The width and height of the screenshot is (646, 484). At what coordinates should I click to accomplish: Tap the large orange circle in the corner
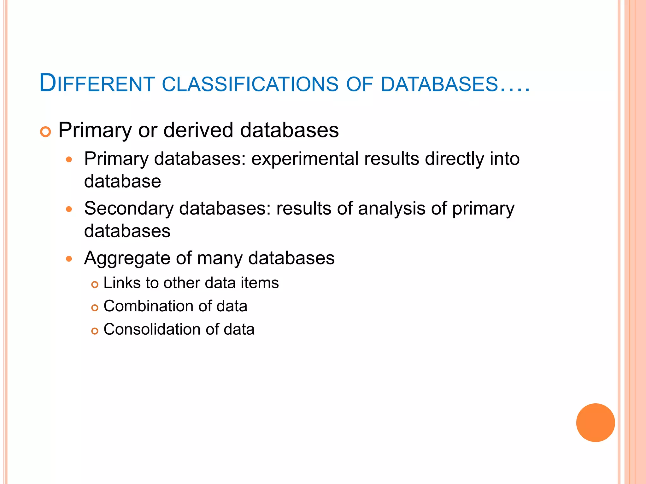click(595, 422)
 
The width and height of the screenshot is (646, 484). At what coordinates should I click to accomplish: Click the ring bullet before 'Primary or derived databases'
click(45, 132)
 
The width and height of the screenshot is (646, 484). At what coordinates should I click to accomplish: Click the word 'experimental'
click(305, 158)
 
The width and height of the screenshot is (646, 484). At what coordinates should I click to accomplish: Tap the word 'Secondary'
click(129, 208)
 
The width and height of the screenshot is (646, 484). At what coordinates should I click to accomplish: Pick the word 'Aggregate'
click(127, 258)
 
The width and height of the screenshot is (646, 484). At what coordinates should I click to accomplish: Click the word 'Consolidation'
click(152, 329)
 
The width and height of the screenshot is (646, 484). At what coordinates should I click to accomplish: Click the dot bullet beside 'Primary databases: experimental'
click(69, 159)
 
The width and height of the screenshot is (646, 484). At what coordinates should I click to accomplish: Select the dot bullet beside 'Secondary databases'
click(69, 209)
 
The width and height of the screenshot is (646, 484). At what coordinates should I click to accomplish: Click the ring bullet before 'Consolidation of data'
click(95, 331)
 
